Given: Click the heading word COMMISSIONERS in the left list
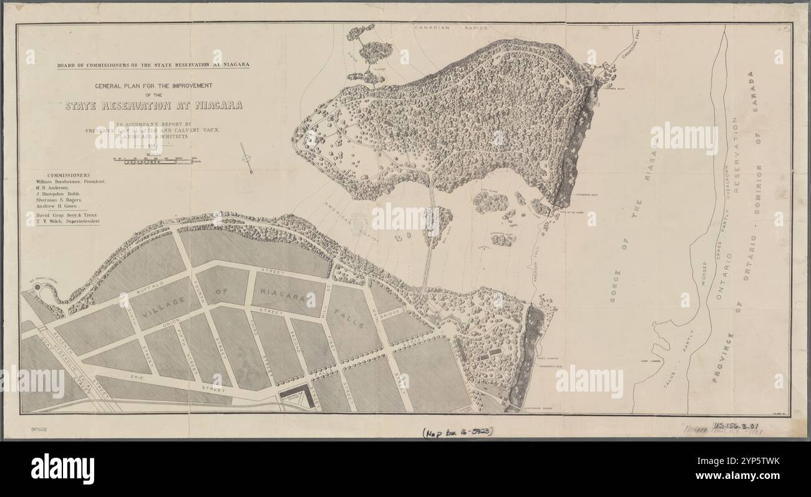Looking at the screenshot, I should click(x=68, y=175).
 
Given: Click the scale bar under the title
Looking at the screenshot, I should click(x=155, y=160).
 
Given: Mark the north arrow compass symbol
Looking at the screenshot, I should click(x=246, y=158).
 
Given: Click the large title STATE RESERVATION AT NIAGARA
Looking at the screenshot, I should click(x=153, y=106).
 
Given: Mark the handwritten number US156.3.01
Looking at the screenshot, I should click(x=739, y=427).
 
